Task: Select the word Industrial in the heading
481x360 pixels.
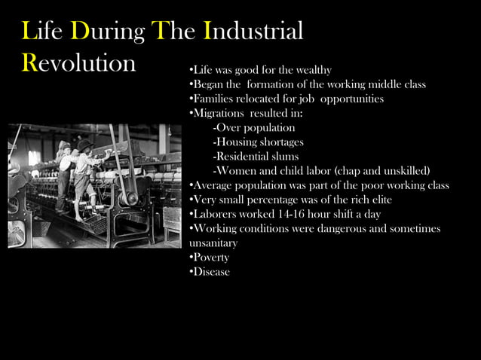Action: (253, 32)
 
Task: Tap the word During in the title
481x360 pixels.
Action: (108, 32)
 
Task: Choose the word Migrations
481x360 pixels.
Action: (219, 113)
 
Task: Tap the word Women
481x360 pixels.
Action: (238, 170)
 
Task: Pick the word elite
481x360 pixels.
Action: (375, 200)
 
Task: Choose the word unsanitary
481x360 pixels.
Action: (213, 243)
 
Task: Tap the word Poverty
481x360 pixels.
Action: (211, 258)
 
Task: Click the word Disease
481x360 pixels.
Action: (211, 272)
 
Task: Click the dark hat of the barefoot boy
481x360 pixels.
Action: (85, 144)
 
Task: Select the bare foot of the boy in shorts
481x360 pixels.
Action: (80, 218)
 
